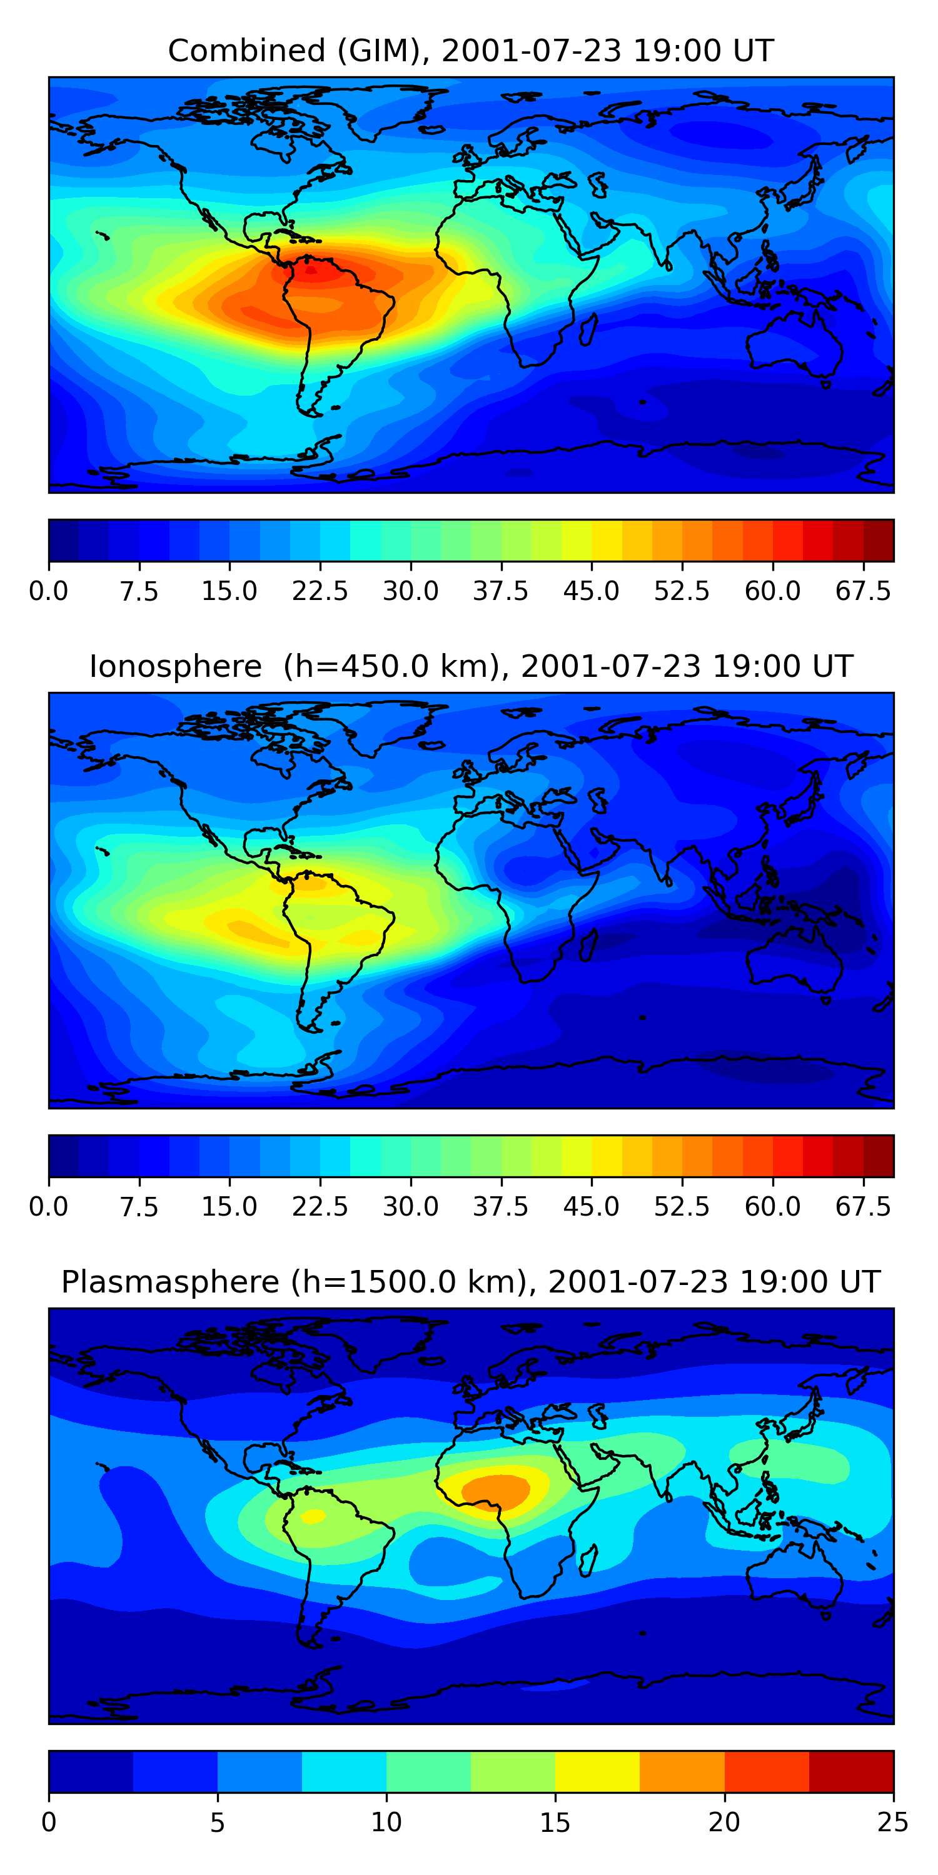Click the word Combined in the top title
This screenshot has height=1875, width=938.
(247, 51)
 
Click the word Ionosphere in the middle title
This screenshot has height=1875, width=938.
(176, 667)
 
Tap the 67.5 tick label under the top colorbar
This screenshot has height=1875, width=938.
(863, 591)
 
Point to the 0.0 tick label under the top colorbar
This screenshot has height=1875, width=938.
(49, 591)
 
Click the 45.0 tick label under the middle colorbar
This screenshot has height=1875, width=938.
(592, 1207)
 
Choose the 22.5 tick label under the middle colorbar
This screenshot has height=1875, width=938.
(320, 1207)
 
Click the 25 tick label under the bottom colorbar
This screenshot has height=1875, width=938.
(893, 1822)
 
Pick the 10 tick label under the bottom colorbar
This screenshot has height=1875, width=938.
(386, 1822)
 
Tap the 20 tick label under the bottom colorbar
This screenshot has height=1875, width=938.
(724, 1822)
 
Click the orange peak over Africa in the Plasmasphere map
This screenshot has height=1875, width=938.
(495, 1490)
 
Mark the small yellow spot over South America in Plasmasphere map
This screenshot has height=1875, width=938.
(313, 1516)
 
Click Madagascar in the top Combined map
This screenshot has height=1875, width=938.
(588, 329)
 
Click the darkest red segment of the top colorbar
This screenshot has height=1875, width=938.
(879, 541)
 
